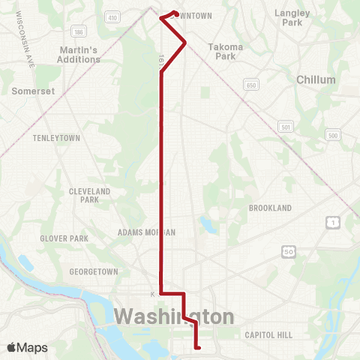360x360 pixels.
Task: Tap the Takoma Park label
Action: (226, 51)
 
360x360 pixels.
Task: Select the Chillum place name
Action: (316, 79)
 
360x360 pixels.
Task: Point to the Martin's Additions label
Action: (79, 55)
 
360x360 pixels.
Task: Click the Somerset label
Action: (31, 91)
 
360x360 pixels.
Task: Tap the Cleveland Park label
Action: (89, 196)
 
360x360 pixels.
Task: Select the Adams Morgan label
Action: (146, 232)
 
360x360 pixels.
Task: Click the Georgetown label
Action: (94, 271)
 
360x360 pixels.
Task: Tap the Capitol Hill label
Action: (268, 335)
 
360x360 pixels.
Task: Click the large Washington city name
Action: (173, 314)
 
